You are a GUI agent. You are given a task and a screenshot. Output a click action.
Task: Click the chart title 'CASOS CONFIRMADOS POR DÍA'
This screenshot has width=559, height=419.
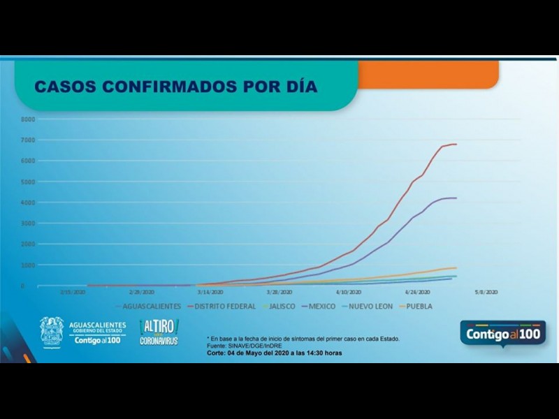pyautogui.click(x=175, y=87)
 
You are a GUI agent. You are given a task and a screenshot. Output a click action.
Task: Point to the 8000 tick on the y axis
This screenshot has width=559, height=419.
pyautogui.click(x=27, y=119)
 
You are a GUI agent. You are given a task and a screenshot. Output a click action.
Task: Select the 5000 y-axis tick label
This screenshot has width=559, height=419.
pyautogui.click(x=27, y=182)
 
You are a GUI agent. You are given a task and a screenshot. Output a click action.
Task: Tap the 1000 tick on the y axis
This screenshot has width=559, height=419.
pyautogui.click(x=27, y=266)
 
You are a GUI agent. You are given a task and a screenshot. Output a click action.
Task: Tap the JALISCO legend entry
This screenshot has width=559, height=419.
pyautogui.click(x=280, y=306)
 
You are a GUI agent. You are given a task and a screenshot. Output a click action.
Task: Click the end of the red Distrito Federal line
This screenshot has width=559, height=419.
pyautogui.click(x=456, y=145)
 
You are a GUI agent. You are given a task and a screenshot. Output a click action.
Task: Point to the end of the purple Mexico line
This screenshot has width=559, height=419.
pyautogui.click(x=456, y=198)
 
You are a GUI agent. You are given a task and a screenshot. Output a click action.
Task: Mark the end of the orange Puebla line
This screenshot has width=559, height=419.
pyautogui.click(x=456, y=267)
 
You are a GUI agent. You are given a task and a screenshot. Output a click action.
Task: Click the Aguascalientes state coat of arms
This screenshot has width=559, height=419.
pyautogui.click(x=52, y=331)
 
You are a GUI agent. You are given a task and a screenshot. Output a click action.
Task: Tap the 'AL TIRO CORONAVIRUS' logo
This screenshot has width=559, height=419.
pyautogui.click(x=159, y=332)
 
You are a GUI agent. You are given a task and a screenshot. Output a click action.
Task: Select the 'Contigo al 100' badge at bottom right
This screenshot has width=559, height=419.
pyautogui.click(x=502, y=333)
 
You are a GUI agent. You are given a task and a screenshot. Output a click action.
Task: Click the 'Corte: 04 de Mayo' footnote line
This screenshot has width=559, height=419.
pyautogui.click(x=275, y=353)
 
